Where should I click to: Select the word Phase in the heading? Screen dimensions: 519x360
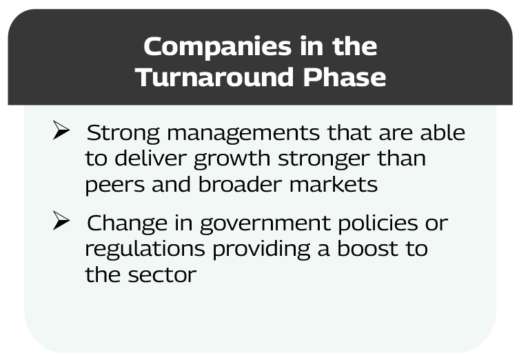[x=345, y=77]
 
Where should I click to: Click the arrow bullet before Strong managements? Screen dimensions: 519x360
[x=61, y=130]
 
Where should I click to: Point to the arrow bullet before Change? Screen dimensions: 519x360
[x=61, y=221]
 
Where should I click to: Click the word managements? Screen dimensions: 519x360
[x=243, y=134]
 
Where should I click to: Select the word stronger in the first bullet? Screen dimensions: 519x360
[x=324, y=160]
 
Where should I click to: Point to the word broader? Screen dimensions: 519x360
[x=240, y=184]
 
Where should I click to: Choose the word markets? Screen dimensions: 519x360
[x=334, y=184]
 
